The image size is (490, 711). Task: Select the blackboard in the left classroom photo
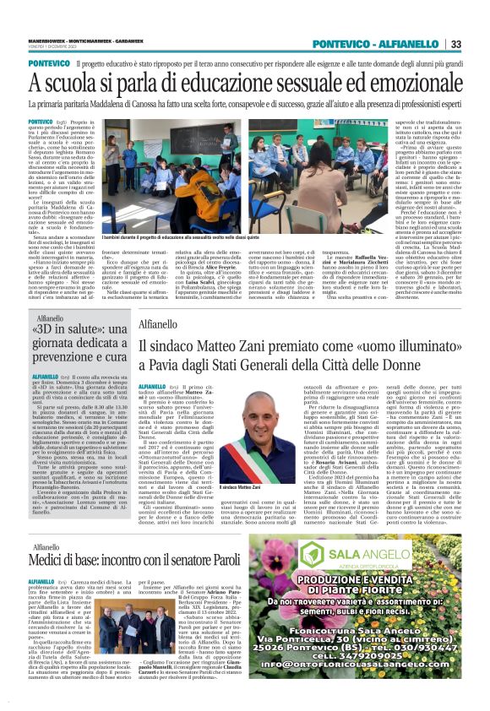pos(161,140)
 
